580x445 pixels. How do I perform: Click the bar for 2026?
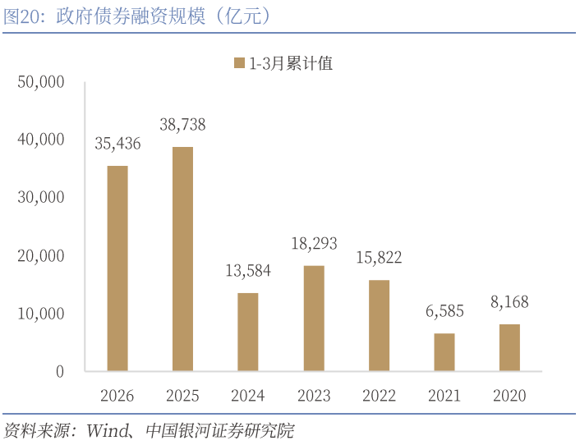(x=117, y=268)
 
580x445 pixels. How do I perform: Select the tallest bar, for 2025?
(x=182, y=259)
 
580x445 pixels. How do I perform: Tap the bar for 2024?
(x=248, y=332)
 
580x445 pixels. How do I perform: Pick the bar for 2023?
(x=314, y=319)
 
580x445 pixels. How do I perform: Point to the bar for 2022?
(x=379, y=325)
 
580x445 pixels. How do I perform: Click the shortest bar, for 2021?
(x=444, y=352)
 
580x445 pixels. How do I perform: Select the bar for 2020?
(x=509, y=347)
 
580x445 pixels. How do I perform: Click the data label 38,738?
(x=182, y=125)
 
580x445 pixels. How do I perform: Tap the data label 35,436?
(x=117, y=144)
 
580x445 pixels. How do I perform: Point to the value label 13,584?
(x=248, y=271)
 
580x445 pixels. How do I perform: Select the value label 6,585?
(x=444, y=311)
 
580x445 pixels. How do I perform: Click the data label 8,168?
(x=509, y=302)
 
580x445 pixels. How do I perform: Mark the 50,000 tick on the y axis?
(x=40, y=82)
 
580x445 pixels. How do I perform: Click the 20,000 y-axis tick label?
(x=40, y=255)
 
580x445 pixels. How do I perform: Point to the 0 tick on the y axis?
(x=59, y=371)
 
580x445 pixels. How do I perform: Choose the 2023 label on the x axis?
(x=314, y=396)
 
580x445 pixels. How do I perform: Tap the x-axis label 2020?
(x=509, y=396)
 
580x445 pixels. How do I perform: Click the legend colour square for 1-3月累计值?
(x=239, y=63)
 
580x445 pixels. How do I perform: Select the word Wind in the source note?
(x=104, y=430)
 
